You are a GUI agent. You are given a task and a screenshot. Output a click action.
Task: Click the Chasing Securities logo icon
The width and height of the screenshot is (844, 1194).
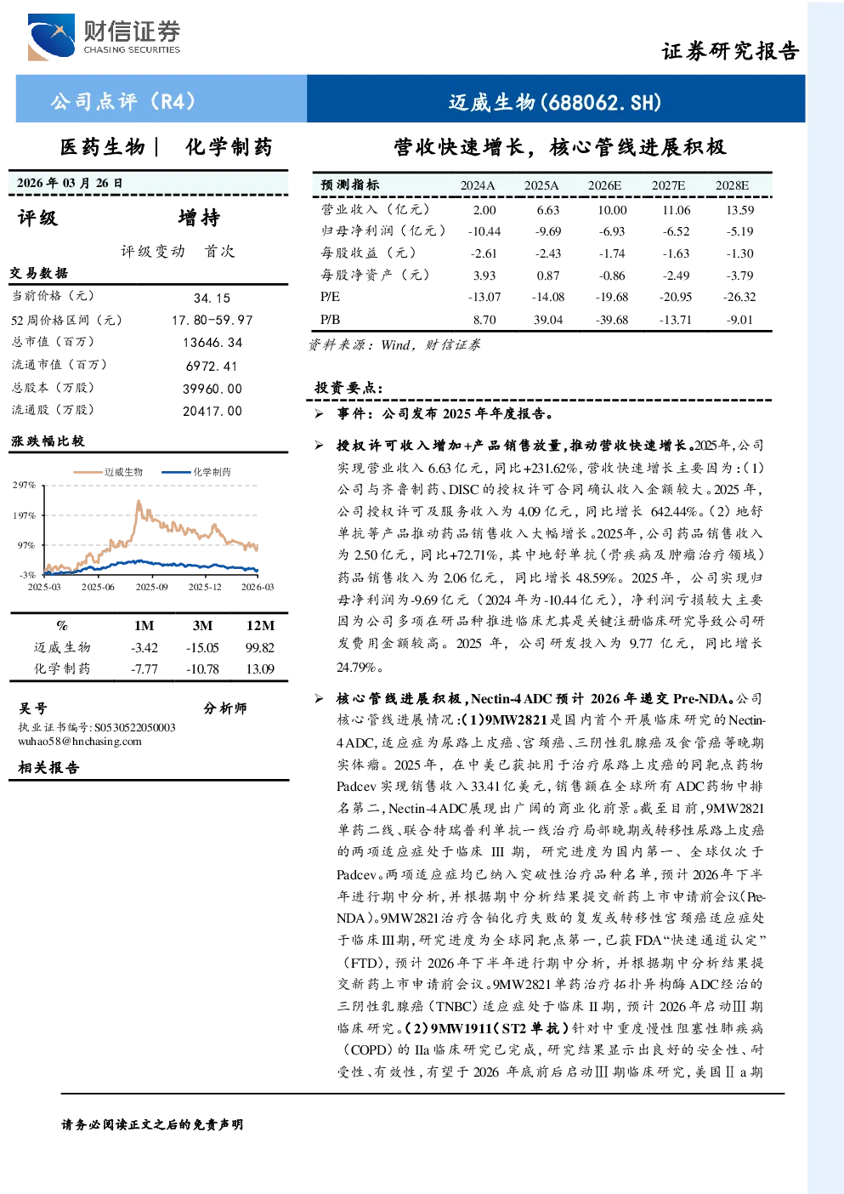pyautogui.click(x=51, y=37)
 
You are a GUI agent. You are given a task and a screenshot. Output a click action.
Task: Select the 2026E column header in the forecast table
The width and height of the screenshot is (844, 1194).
pyautogui.click(x=604, y=185)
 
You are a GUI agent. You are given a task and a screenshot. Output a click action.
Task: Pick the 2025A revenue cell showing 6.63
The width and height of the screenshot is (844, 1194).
pyautogui.click(x=547, y=210)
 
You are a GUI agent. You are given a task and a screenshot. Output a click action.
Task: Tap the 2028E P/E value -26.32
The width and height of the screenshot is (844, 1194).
pyautogui.click(x=739, y=297)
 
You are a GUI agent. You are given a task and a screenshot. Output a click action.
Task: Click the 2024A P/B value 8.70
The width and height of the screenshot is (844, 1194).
pyautogui.click(x=484, y=320)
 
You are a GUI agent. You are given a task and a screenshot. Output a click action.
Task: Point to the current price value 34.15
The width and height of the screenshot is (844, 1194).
pyautogui.click(x=212, y=298)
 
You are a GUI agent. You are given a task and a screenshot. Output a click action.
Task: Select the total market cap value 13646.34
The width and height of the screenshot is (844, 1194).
pyautogui.click(x=212, y=342)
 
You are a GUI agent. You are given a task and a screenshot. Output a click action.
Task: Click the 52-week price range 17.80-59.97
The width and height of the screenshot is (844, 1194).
pyautogui.click(x=212, y=320)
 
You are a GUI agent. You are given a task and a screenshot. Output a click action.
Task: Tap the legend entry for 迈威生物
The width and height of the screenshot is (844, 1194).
pyautogui.click(x=108, y=472)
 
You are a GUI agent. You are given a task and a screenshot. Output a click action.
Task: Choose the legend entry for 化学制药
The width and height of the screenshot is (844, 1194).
pyautogui.click(x=196, y=472)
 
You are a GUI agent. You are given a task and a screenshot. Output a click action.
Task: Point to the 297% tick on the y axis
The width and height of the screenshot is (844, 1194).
pyautogui.click(x=24, y=485)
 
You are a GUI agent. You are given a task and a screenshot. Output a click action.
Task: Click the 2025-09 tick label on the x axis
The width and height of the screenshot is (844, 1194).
pyautogui.click(x=151, y=587)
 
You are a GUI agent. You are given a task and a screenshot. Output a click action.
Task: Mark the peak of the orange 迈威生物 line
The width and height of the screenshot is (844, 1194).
pyautogui.click(x=139, y=501)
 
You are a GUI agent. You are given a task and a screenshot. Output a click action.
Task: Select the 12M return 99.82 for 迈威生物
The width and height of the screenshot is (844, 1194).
pyautogui.click(x=260, y=648)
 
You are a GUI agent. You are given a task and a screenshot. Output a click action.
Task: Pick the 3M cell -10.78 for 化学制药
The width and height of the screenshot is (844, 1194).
pyautogui.click(x=202, y=669)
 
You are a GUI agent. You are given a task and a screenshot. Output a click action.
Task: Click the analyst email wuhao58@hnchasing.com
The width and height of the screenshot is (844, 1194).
pyautogui.click(x=80, y=742)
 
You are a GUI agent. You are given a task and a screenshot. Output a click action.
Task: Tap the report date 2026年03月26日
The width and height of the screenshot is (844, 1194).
pyautogui.click(x=70, y=183)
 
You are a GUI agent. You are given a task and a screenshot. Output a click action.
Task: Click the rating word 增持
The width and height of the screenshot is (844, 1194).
pyautogui.click(x=199, y=218)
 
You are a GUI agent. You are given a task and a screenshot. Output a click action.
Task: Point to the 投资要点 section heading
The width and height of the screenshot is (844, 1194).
pyautogui.click(x=349, y=388)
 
